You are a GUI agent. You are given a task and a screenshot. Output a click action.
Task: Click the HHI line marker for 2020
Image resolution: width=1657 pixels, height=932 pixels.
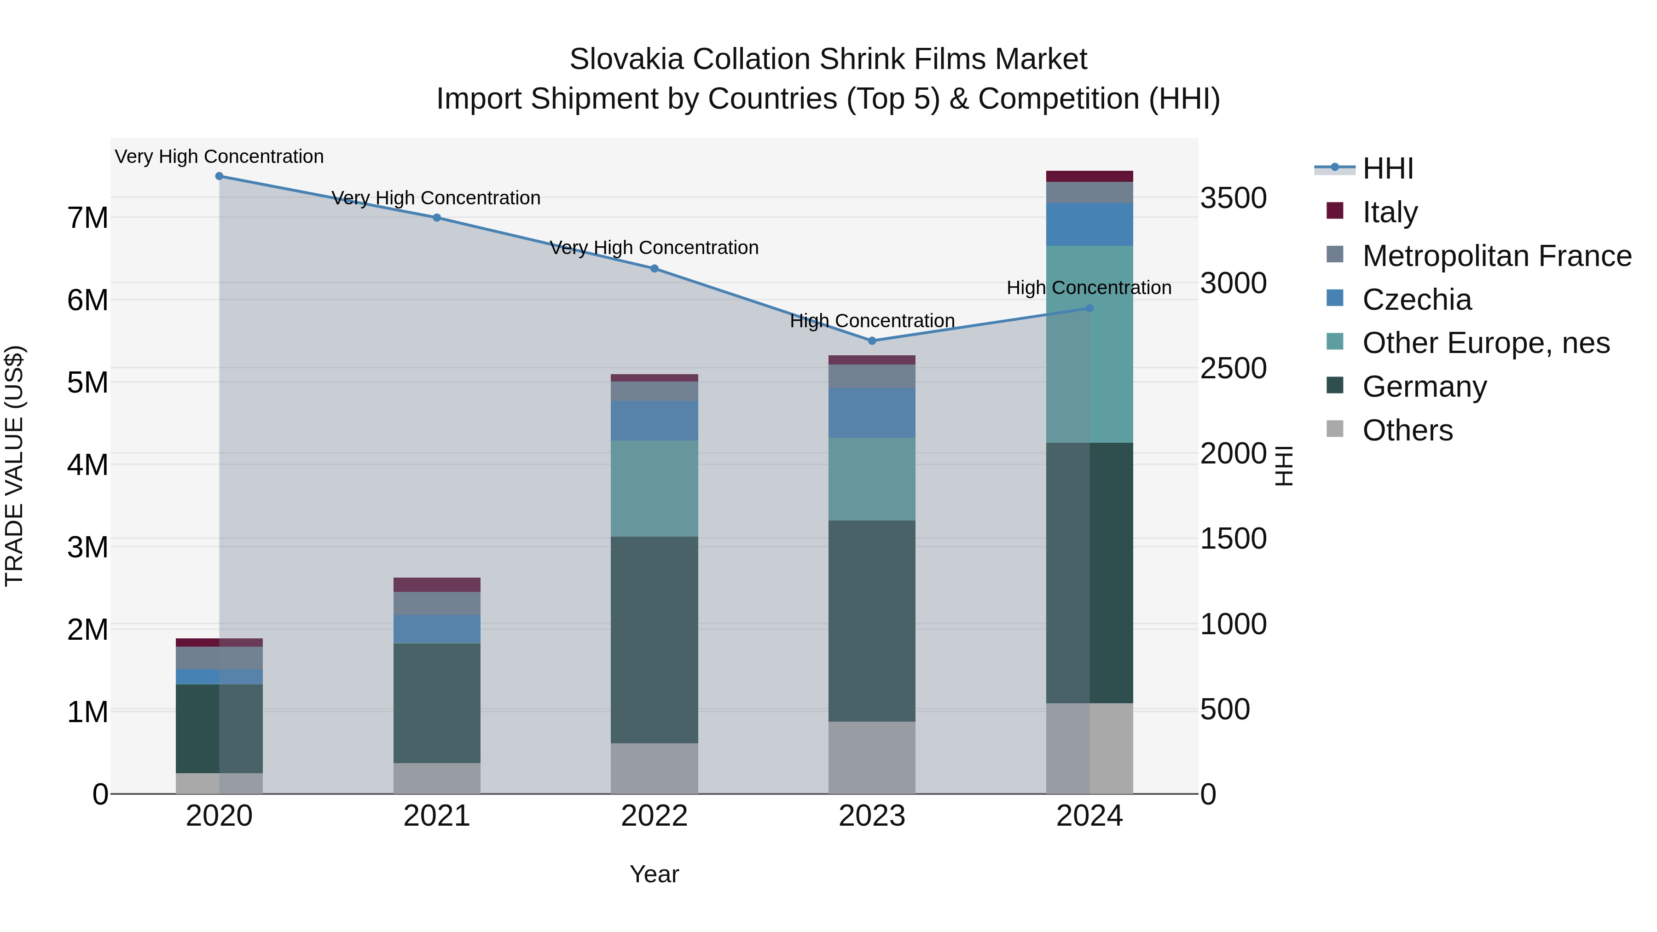point(220,176)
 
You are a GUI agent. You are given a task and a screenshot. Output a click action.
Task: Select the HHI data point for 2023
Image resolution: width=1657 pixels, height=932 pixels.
point(872,340)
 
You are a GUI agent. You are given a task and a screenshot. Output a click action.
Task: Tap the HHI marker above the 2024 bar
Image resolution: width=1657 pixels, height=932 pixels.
point(1089,308)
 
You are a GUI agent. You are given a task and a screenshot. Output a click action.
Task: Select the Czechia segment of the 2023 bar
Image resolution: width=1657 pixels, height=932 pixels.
point(872,412)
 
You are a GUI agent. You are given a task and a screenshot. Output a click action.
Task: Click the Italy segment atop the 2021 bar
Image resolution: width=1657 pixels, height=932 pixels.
point(437,584)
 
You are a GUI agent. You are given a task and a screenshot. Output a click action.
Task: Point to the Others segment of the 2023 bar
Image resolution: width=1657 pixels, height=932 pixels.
point(872,757)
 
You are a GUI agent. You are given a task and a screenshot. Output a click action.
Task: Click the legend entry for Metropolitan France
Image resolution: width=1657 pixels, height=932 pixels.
point(1497,256)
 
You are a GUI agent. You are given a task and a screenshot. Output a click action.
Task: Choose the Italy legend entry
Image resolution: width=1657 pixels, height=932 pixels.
point(1390,212)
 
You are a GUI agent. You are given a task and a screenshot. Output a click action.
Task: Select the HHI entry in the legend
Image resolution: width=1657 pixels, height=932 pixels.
point(1387,168)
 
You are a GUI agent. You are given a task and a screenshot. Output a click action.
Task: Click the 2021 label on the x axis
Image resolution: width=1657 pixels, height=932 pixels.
point(437,816)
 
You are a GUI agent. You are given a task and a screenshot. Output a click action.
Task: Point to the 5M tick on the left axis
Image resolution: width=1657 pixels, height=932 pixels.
point(87,382)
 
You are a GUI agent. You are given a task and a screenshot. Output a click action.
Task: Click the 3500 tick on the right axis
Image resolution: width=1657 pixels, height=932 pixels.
point(1233,198)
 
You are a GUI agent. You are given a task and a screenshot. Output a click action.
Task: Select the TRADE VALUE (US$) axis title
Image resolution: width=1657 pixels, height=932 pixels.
point(15,466)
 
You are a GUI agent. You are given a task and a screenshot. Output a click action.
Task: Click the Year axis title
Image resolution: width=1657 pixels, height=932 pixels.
point(654,874)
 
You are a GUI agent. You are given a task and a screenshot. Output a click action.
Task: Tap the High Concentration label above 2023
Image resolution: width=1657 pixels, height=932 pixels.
point(872,320)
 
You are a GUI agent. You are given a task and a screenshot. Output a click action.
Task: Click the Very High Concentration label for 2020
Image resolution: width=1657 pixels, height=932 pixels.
point(220,156)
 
